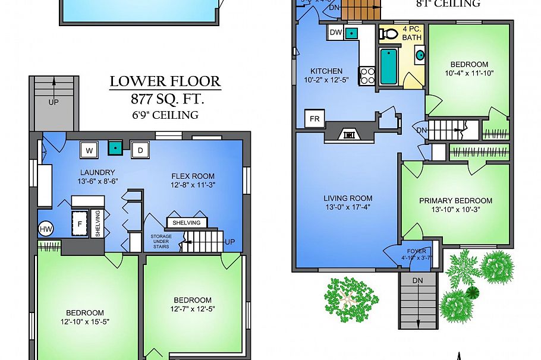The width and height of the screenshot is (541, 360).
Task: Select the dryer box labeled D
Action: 140,150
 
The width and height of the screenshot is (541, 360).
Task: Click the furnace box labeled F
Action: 80,225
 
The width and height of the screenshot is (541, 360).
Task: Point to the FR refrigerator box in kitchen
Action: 314,118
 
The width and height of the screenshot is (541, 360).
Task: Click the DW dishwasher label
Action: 335,33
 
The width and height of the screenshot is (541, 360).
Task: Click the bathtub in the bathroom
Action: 389,67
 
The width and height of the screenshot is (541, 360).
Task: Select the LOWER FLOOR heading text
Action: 165,81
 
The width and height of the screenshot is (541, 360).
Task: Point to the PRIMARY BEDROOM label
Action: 455,201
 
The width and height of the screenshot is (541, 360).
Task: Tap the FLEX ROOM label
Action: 193,176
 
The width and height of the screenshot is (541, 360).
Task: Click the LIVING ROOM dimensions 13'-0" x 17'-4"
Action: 348,207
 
